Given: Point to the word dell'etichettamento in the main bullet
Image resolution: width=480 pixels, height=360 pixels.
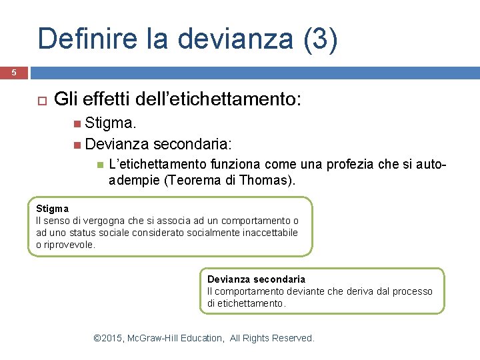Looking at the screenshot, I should point(218,100).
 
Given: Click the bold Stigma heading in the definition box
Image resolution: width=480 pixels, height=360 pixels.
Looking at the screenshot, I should point(52,209).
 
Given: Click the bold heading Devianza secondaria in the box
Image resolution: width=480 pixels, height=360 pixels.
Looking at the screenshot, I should point(256,279).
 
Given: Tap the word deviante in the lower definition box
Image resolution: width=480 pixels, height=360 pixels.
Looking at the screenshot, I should point(299,291).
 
